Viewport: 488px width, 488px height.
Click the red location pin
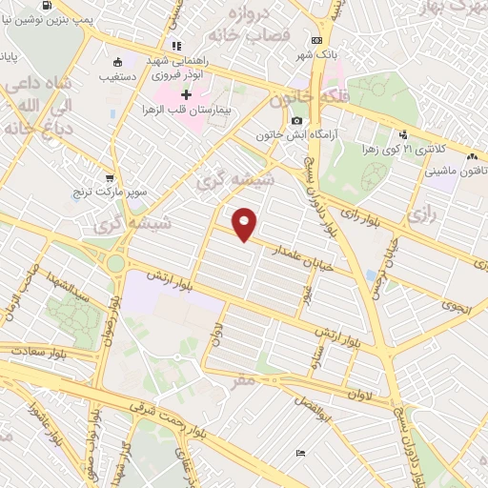point(246,223)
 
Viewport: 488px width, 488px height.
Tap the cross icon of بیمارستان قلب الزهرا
point(186,95)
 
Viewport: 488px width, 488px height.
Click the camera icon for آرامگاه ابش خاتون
point(297,121)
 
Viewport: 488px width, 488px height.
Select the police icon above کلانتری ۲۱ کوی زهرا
point(404,134)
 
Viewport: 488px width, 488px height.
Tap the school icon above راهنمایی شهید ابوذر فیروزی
point(176,45)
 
